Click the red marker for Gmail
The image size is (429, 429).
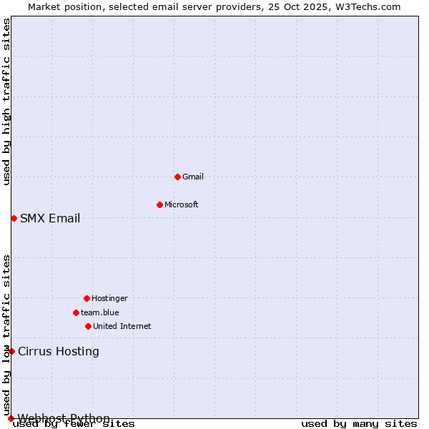tap(177, 177)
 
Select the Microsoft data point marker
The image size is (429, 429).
tap(159, 204)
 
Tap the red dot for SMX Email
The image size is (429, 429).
tap(14, 218)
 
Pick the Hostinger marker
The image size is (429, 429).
tap(87, 298)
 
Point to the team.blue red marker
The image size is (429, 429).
tap(76, 312)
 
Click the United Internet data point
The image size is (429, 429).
tap(88, 326)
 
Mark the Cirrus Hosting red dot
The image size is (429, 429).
tap(11, 351)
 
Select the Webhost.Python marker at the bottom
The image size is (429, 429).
tap(11, 418)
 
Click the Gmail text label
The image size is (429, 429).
tap(193, 177)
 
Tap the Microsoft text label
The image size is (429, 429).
tap(182, 204)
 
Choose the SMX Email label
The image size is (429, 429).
tap(50, 219)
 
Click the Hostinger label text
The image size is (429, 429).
tap(109, 298)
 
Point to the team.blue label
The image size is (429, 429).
tap(100, 312)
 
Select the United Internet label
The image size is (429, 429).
tap(122, 326)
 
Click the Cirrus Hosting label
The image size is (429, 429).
tap(59, 351)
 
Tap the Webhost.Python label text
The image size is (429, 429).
tap(64, 418)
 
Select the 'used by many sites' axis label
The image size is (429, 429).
tap(359, 424)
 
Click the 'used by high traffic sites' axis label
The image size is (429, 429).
tap(6, 102)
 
